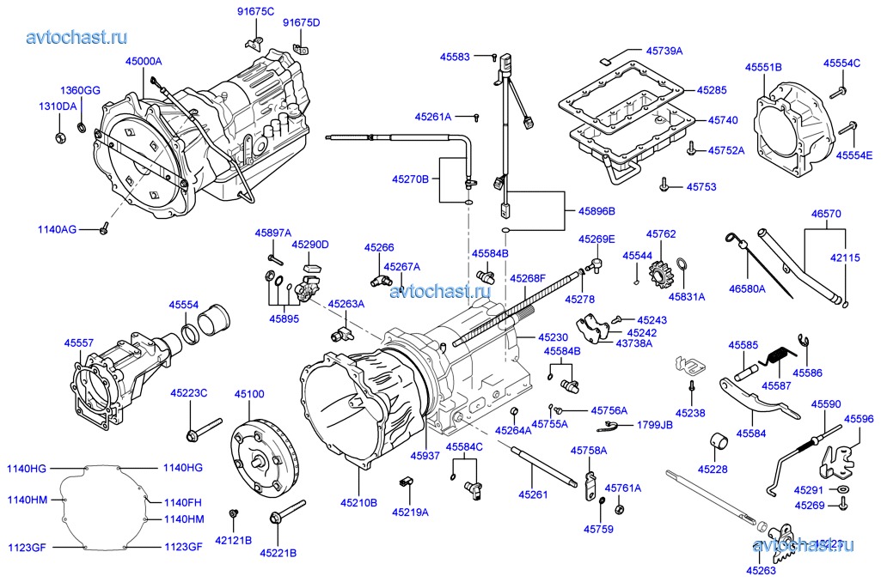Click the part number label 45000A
coord(144,62)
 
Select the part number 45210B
coord(358,503)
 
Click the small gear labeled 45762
coord(659,268)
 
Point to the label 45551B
coord(763,67)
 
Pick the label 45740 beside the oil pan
coord(723,121)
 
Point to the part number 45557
coord(79,342)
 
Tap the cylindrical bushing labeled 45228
coord(719,446)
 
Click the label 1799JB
coord(654,425)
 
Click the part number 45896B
coord(597,210)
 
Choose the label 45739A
coord(664,52)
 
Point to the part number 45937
coord(425,456)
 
